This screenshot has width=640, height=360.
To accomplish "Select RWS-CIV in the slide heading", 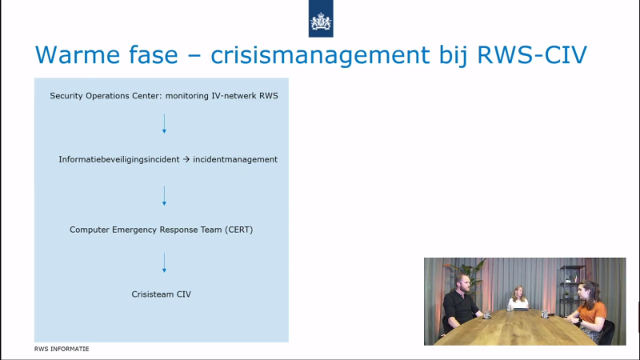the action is tap(532, 54).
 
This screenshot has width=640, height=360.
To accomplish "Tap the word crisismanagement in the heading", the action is tap(321, 55).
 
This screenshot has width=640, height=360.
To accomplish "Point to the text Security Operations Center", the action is tap(106, 96).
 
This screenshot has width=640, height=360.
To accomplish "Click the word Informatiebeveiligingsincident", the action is tap(118, 159).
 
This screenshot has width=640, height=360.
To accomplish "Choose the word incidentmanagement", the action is tap(235, 159).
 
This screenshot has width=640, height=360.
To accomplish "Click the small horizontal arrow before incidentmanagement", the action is tap(186, 159).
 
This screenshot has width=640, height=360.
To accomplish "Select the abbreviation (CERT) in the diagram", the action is tap(238, 230).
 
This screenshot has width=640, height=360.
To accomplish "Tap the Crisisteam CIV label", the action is tap(162, 294).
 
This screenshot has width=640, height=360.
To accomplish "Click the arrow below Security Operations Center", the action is tap(165, 124).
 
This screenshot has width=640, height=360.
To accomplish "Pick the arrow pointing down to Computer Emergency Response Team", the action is tap(165, 196).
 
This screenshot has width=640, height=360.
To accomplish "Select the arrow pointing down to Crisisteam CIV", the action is tap(165, 262).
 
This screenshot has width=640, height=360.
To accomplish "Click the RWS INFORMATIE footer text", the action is tap(62, 349).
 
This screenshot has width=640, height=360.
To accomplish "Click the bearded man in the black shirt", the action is tap(461, 302).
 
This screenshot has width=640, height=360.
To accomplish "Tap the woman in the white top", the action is tap(518, 298).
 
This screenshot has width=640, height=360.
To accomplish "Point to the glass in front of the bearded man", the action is tap(487, 314).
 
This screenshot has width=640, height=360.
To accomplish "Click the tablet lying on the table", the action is tap(522, 310).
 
